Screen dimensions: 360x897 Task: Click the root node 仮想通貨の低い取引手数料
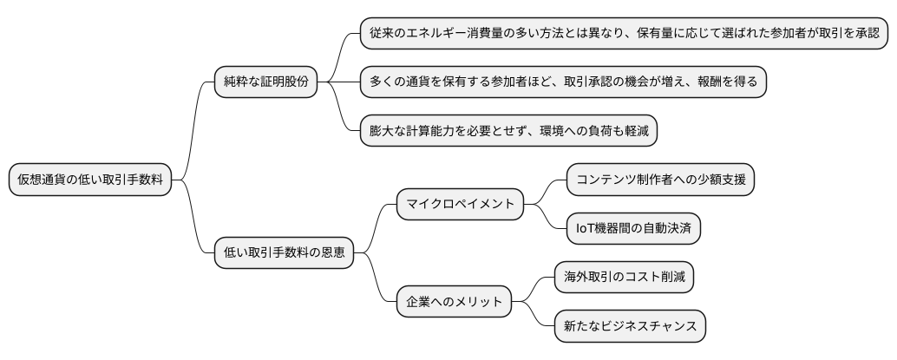(x=89, y=180)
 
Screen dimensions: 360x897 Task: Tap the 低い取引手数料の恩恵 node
(x=284, y=253)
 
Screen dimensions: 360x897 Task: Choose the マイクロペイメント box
(x=461, y=204)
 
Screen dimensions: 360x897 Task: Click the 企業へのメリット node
(x=455, y=302)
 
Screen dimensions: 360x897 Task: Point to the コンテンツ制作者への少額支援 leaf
(x=660, y=180)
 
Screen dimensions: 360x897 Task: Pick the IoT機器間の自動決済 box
(x=633, y=228)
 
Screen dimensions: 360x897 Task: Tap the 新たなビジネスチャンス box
(x=630, y=326)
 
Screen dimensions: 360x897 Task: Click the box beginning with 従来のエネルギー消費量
(x=624, y=34)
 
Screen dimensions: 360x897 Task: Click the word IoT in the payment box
(x=587, y=228)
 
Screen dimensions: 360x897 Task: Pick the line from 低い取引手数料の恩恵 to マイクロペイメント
(x=375, y=227)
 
